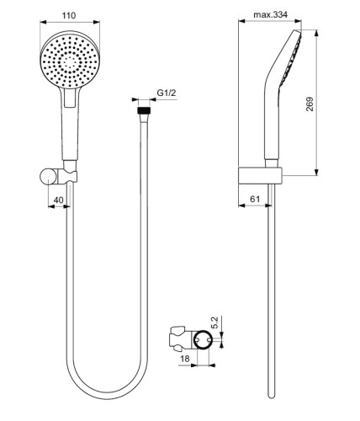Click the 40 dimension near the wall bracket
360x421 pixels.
58,200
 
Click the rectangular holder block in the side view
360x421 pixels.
267,175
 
